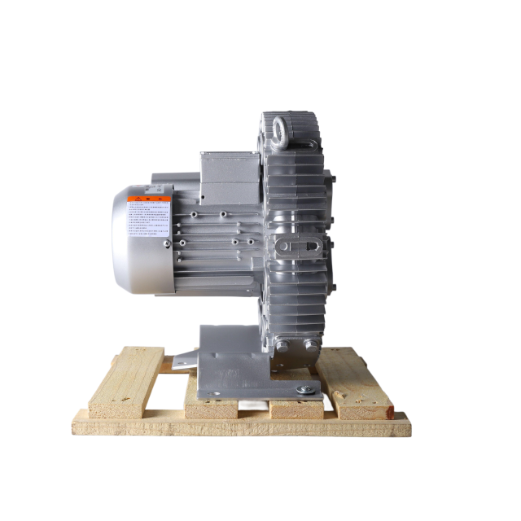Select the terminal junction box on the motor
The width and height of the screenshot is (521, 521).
click(x=229, y=176)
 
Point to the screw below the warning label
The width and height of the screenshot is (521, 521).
click(x=167, y=243)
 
